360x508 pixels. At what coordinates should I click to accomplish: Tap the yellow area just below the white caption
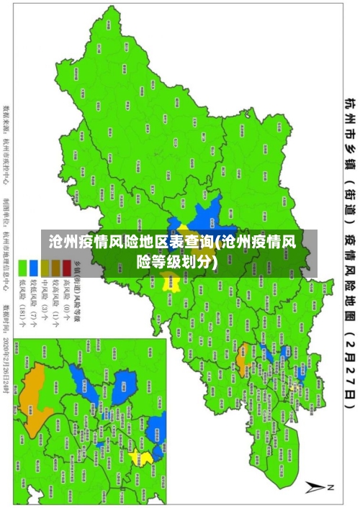coord(192,284)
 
